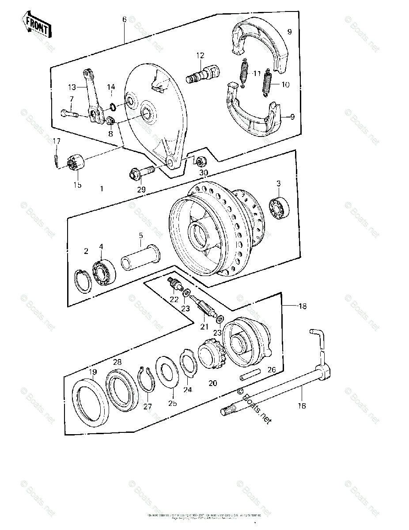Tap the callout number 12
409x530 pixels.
(x=201, y=56)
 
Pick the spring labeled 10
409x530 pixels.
(x=267, y=82)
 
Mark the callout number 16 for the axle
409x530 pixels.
(x=302, y=406)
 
